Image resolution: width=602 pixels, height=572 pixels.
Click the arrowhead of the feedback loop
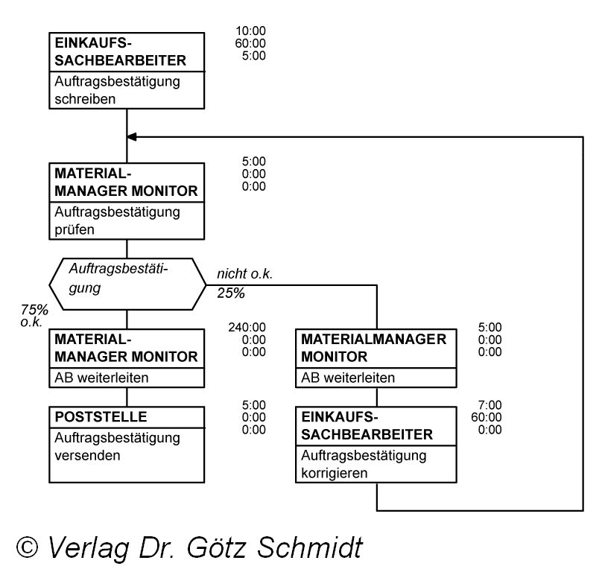(132, 137)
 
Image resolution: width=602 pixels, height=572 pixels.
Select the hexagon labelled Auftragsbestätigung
(127, 284)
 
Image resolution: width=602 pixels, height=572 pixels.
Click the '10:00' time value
(250, 31)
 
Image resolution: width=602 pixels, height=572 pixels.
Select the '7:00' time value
(490, 404)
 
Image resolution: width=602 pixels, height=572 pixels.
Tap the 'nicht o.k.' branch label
(244, 275)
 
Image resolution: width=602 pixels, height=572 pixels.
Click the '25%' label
(231, 293)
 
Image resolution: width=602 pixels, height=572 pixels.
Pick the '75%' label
(35, 310)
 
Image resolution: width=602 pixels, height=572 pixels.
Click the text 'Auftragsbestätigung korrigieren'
(363, 463)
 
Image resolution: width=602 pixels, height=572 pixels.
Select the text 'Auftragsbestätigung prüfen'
(117, 220)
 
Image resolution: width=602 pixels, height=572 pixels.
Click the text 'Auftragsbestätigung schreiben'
(117, 89)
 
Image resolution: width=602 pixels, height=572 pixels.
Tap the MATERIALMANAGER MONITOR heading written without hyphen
(373, 347)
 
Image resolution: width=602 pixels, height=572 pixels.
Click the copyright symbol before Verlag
(28, 547)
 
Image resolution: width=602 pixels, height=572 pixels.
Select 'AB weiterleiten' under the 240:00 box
(102, 378)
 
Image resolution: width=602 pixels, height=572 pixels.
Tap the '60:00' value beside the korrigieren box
(487, 417)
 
